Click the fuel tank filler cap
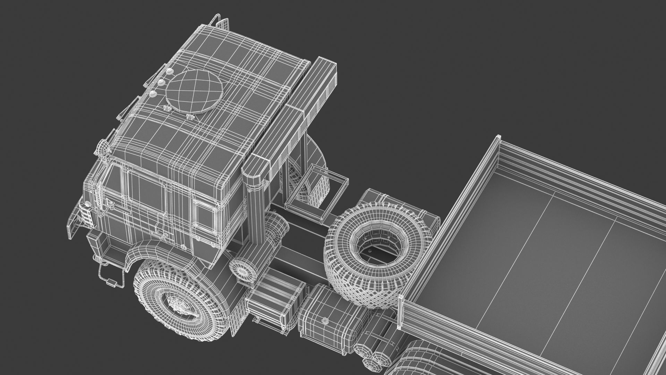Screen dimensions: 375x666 coord(325,311)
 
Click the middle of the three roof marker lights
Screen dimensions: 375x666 coord(161,82)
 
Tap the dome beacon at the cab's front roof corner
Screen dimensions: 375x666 coord(102,147)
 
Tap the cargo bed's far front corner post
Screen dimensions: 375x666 coord(498,139)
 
